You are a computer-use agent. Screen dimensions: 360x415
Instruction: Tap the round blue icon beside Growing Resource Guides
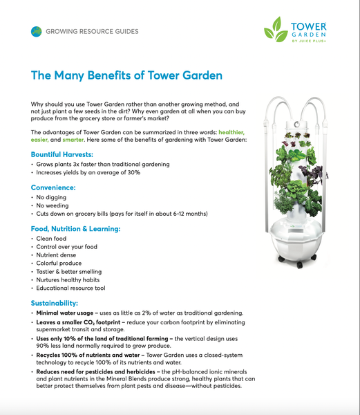(x=36, y=31)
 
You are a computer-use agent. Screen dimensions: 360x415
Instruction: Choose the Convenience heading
(x=54, y=187)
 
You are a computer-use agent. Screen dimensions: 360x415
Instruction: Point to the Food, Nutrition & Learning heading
(x=76, y=228)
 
